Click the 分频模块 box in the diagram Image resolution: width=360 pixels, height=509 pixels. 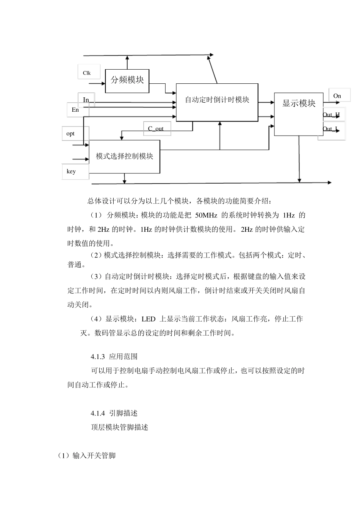(127, 81)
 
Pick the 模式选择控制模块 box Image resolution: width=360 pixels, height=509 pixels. (124, 156)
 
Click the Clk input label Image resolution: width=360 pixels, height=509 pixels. (87, 73)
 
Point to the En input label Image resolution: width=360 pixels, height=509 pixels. (75, 110)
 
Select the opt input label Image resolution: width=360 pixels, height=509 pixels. (70, 134)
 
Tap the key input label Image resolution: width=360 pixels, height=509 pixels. (71, 172)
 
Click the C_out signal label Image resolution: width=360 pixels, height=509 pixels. (156, 129)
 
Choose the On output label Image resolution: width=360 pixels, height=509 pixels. (337, 96)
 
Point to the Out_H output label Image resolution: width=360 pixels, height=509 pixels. (331, 115)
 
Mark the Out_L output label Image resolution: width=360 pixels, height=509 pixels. (330, 129)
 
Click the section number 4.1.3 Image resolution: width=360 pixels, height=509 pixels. (98, 357)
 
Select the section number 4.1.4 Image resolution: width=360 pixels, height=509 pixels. (98, 413)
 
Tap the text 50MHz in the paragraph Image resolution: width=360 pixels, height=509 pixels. (206, 216)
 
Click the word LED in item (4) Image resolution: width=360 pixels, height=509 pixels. (148, 319)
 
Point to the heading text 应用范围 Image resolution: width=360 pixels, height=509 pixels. (123, 357)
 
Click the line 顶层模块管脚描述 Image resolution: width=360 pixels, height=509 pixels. (119, 428)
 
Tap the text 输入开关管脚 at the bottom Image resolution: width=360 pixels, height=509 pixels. (94, 456)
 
